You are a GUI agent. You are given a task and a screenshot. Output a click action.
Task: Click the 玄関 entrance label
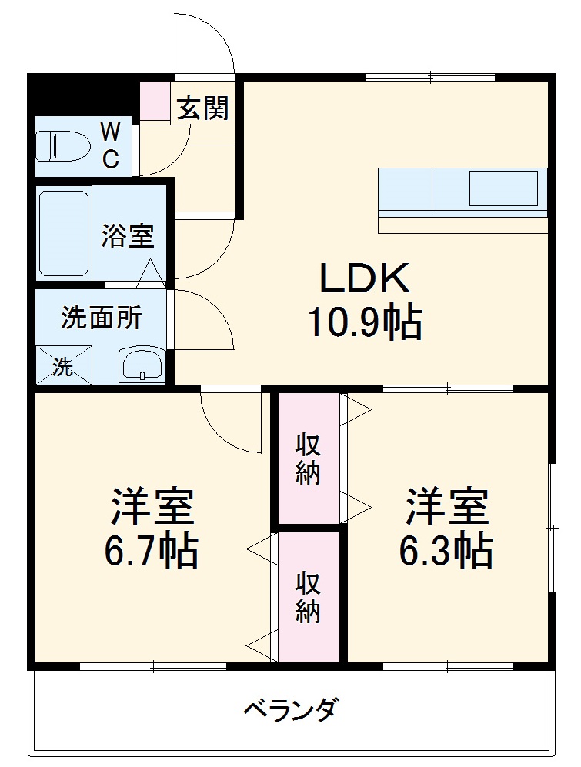203,109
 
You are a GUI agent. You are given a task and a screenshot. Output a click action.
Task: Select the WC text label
111,145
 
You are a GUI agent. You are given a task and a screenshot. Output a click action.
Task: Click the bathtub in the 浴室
64,232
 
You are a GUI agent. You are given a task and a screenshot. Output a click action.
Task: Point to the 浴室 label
128,236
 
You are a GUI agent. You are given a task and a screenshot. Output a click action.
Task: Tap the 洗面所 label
102,318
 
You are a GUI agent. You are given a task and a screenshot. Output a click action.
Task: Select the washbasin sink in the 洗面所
142,364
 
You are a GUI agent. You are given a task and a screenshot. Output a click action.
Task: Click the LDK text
364,279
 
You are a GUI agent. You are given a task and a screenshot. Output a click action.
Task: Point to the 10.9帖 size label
364,323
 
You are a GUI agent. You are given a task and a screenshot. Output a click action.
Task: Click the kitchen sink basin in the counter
503,188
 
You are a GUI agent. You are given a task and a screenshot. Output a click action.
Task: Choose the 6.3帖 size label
446,551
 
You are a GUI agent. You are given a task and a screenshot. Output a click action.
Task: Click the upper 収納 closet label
308,460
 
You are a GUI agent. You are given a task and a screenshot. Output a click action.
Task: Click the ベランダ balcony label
290,709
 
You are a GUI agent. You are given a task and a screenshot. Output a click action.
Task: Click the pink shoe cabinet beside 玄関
154,100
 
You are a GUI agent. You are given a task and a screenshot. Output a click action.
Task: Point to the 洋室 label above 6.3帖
447,507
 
